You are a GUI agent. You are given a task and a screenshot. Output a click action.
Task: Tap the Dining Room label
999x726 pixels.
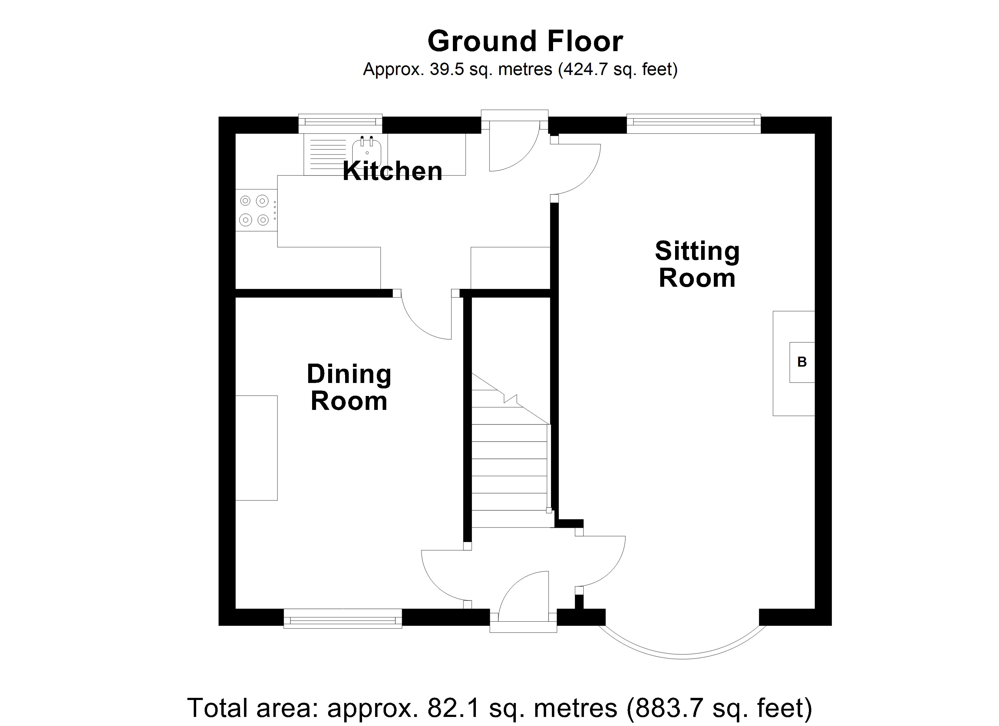(x=349, y=388)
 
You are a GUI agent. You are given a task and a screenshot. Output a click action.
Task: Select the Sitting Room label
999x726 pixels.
(x=697, y=264)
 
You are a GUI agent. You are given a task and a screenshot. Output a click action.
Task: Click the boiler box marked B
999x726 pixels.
(x=802, y=362)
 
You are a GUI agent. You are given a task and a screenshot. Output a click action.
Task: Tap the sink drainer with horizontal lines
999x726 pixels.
(x=328, y=154)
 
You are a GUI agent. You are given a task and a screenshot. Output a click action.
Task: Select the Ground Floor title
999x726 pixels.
(x=525, y=41)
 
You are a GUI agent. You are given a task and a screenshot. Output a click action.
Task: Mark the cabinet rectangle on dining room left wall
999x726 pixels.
(x=256, y=448)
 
